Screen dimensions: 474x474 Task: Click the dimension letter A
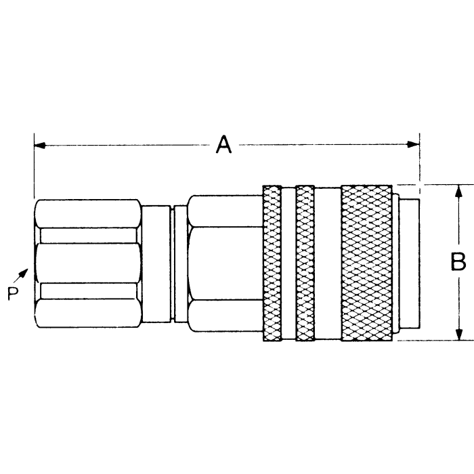coord(224,145)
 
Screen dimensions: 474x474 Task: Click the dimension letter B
coord(459,261)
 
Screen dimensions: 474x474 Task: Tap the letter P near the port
coord(12,293)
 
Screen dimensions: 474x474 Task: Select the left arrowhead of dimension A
coord(39,145)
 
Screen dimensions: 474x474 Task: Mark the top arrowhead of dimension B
coord(460,190)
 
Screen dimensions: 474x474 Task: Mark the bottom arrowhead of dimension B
coord(460,335)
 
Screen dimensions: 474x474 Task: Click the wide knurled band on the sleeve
coord(366,262)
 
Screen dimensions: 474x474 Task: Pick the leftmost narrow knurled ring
coord(272,262)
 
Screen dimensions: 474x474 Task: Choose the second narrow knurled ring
coord(305,262)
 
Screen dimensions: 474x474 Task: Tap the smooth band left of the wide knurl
coord(328,262)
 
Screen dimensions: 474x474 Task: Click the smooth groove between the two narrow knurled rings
coord(289,262)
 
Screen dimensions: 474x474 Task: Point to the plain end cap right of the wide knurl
coord(407,262)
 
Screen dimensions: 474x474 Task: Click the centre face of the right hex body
coord(225,263)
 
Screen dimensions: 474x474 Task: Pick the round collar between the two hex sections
coord(156,263)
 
